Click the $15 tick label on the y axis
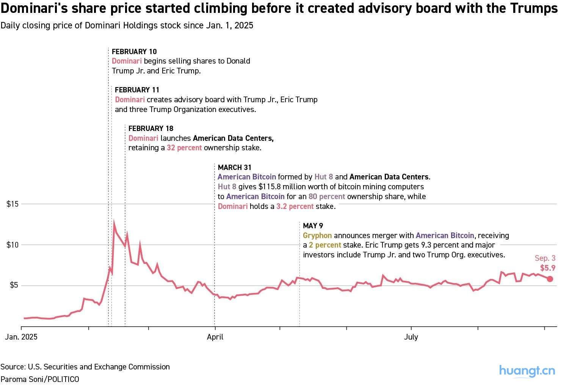[13, 204]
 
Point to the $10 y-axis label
[13, 245]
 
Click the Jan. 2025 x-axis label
[21, 337]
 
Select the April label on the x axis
[215, 337]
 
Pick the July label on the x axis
[411, 337]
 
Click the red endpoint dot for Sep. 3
[550, 279]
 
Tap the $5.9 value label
[548, 268]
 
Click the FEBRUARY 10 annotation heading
[134, 51]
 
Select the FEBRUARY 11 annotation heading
[137, 90]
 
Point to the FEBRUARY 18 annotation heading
[151, 128]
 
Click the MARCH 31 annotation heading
[235, 167]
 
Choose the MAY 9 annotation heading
[313, 226]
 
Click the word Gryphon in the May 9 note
[317, 235]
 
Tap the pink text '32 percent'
[184, 148]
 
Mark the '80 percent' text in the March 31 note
[327, 196]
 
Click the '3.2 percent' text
[295, 206]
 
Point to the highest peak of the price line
[114, 223]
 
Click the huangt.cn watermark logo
[527, 371]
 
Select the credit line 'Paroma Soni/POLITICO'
[40, 379]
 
